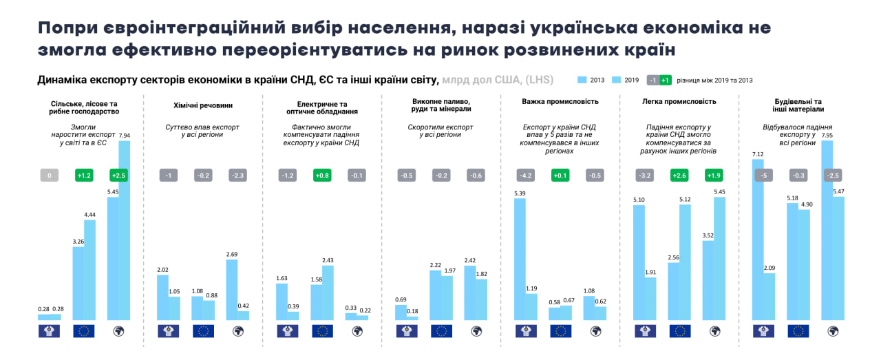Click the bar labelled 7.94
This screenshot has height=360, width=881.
coord(124,231)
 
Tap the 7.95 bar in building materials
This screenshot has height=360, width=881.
coord(827,231)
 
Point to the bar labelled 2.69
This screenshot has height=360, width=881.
coord(232,290)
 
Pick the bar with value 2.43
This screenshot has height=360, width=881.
coord(328,293)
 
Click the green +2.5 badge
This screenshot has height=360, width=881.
coord(118,176)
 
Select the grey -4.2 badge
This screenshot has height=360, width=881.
coord(525,176)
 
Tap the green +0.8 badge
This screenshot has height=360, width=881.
coord(322,176)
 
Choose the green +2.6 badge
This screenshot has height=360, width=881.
coord(679,176)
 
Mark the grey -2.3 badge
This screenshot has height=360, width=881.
coord(237,176)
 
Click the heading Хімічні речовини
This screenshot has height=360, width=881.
coord(202,105)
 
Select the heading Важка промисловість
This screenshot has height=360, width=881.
coord(560,101)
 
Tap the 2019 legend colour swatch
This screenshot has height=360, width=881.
coord(617,80)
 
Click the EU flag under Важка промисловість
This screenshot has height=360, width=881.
coord(560,331)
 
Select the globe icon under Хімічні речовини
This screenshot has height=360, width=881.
coord(237,331)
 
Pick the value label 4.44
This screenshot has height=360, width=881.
coord(89,215)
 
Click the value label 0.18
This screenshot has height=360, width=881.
coord(412,311)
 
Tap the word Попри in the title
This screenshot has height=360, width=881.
coord(67,28)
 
